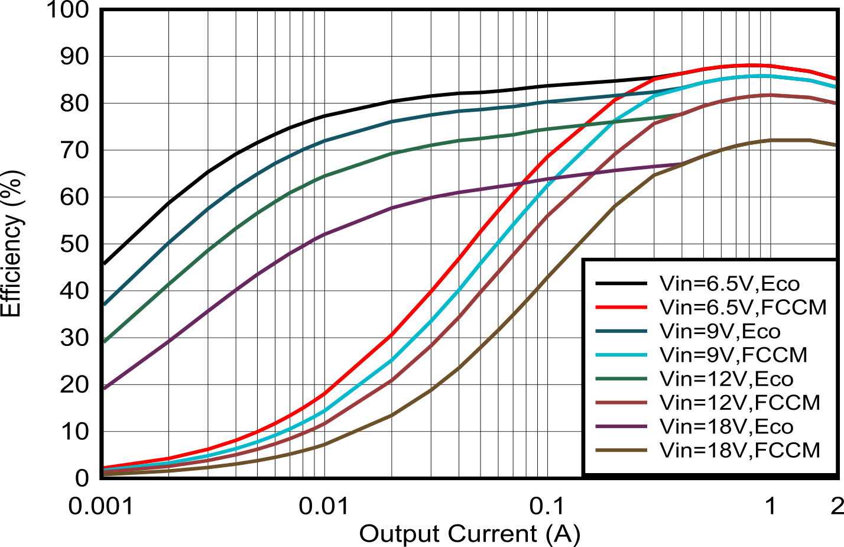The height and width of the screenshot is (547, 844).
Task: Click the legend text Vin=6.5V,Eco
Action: pyautogui.click(x=729, y=284)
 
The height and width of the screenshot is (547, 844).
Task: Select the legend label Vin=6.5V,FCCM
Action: pyautogui.click(x=743, y=308)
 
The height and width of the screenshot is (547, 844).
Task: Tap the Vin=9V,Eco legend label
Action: pyautogui.click(x=720, y=331)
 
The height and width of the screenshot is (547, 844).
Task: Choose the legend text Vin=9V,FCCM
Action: pyautogui.click(x=733, y=355)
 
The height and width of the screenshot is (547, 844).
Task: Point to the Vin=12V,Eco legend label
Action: pyautogui.click(x=726, y=379)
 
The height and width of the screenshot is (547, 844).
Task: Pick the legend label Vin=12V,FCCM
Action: pyautogui.click(x=740, y=403)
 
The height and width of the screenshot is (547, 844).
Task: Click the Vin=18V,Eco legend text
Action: pyautogui.click(x=726, y=426)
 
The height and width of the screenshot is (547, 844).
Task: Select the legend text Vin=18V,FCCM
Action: pyautogui.click(x=740, y=450)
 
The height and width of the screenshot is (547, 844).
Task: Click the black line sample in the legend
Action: pyautogui.click(x=621, y=284)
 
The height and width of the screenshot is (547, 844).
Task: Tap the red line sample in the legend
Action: pyautogui.click(x=621, y=308)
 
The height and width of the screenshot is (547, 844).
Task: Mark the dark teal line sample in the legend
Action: pyautogui.click(x=621, y=331)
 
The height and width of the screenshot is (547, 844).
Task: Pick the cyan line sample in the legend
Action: pyautogui.click(x=621, y=355)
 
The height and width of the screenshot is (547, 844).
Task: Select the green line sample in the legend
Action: pyautogui.click(x=621, y=379)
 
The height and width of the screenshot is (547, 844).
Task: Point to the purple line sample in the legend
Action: pyautogui.click(x=621, y=426)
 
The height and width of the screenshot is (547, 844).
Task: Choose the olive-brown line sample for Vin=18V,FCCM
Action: pyautogui.click(x=621, y=450)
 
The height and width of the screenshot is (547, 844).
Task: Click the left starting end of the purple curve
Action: pyautogui.click(x=105, y=388)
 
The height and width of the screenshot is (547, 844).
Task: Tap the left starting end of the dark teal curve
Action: pyautogui.click(x=105, y=304)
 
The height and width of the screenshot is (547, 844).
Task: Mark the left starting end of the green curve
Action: pyautogui.click(x=105, y=341)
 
